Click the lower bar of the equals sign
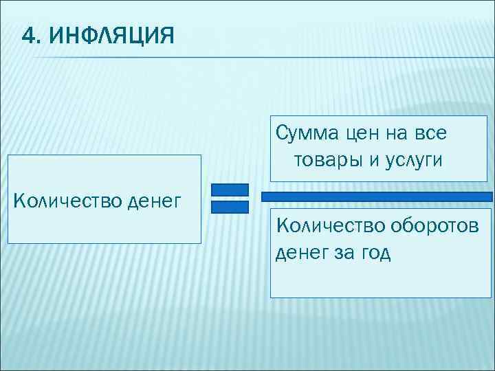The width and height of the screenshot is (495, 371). [x=230, y=207]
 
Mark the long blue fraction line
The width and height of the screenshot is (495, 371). [x=377, y=196]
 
